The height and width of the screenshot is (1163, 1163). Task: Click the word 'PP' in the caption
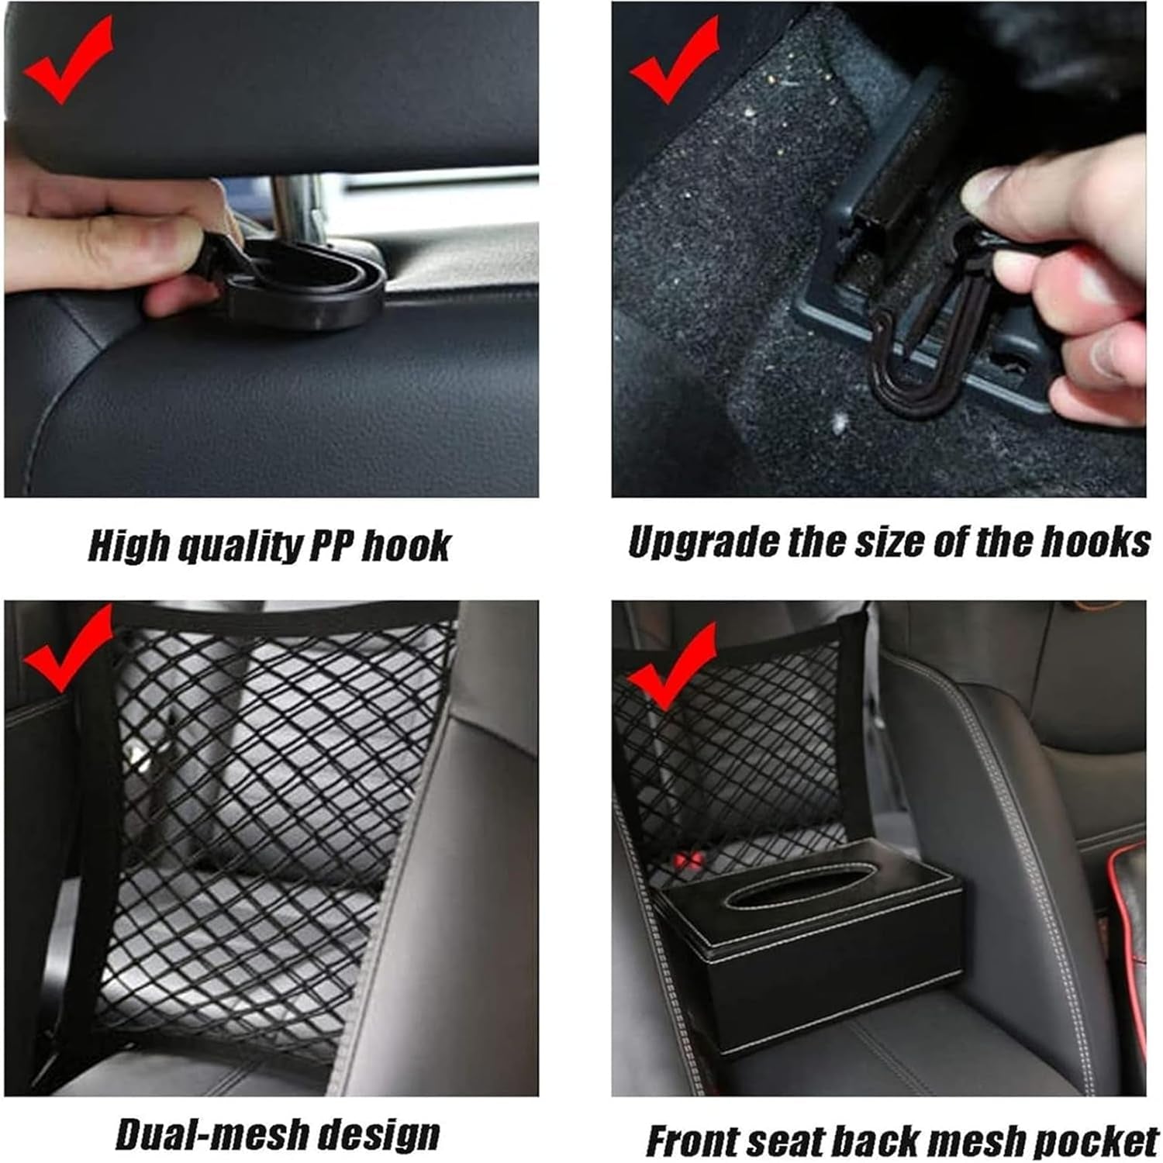click(x=332, y=546)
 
